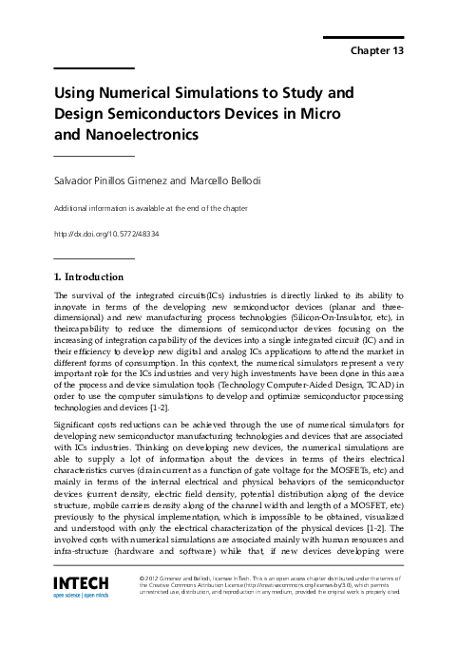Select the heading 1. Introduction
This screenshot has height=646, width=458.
coord(89,277)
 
